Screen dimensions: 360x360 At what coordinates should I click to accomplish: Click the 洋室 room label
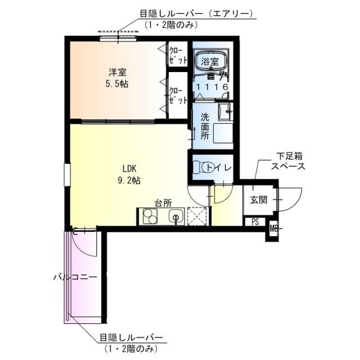118,72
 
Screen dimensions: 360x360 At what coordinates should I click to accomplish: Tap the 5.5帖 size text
118,84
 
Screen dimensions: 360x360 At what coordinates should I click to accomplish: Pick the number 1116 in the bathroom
212,87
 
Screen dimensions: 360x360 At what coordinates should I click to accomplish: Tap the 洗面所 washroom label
206,127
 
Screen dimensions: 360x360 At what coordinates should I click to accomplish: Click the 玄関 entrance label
258,200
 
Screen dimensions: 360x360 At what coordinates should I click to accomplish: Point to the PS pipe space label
255,221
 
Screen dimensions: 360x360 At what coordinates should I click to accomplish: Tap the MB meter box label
273,228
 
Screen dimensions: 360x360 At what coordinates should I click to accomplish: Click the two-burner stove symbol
150,216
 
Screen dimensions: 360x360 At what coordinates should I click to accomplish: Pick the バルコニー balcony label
75,277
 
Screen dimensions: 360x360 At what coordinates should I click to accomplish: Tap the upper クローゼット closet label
176,54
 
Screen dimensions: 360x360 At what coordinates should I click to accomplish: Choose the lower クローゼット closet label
176,95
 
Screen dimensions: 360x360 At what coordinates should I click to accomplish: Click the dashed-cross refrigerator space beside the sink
198,215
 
